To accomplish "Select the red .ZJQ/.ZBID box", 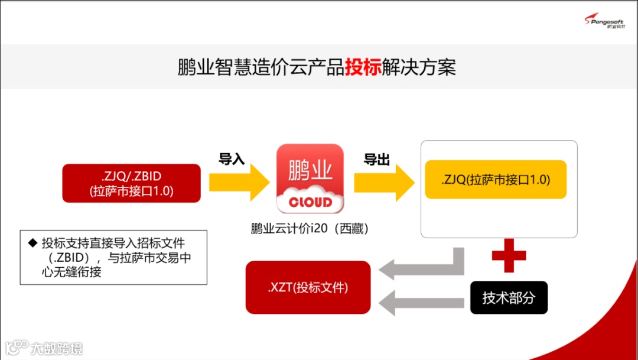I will tap(132, 183).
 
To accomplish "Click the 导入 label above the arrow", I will tap(232, 159).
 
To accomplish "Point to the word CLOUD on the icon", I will tap(310, 202).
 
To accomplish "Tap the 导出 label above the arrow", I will tap(376, 159).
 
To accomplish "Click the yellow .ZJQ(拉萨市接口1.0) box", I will tap(495, 180).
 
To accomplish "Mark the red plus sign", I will tap(509, 255).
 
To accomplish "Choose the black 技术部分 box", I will tap(509, 298).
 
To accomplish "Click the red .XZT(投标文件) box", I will tap(308, 288).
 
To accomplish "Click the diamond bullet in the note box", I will tap(32, 242).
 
